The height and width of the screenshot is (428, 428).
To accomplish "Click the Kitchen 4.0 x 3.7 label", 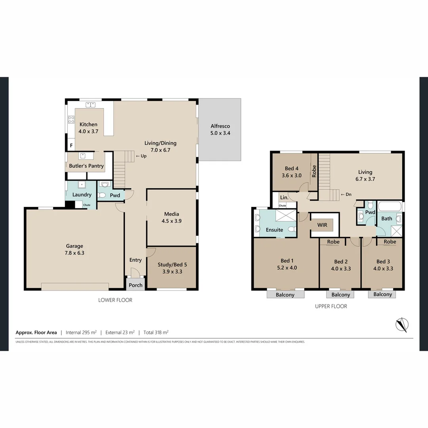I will pyautogui.click(x=88, y=128).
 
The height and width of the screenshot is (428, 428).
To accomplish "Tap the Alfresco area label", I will pyautogui.click(x=220, y=130).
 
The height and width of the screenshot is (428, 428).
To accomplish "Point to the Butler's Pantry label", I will pyautogui.click(x=86, y=166).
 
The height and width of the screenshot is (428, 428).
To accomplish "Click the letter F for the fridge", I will pyautogui.click(x=71, y=145).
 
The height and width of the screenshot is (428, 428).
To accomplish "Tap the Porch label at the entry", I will pyautogui.click(x=136, y=285).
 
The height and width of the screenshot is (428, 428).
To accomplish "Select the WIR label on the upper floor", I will pyautogui.click(x=322, y=225).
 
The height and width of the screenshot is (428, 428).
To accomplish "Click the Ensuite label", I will pyautogui.click(x=274, y=230).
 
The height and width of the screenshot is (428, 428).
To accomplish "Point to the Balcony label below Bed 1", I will pyautogui.click(x=285, y=295).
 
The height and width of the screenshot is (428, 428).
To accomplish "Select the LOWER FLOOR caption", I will pyautogui.click(x=115, y=300).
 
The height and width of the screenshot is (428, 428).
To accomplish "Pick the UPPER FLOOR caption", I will pyautogui.click(x=331, y=306).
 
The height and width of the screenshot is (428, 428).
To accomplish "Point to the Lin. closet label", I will pyautogui.click(x=284, y=197).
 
